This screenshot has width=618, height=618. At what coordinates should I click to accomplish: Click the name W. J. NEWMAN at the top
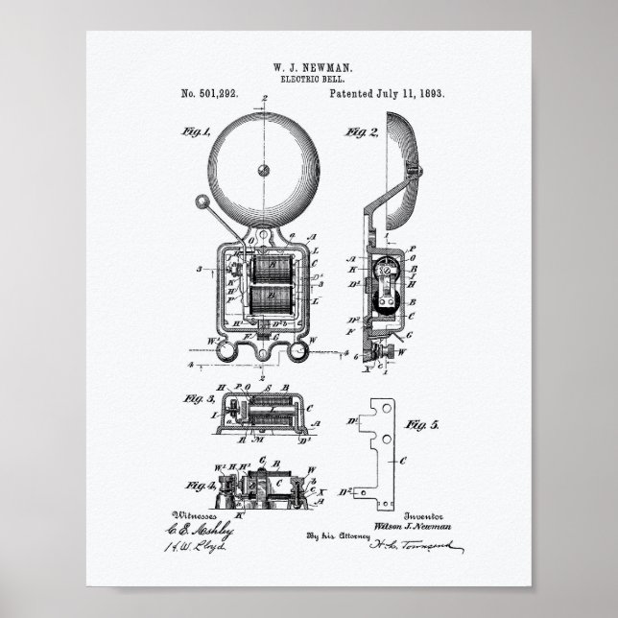[308, 69]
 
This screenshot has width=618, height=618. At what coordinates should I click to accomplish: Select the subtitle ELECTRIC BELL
[308, 81]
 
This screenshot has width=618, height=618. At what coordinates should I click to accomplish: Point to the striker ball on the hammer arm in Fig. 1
[202, 202]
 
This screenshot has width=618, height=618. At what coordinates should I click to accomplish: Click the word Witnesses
[210, 514]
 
